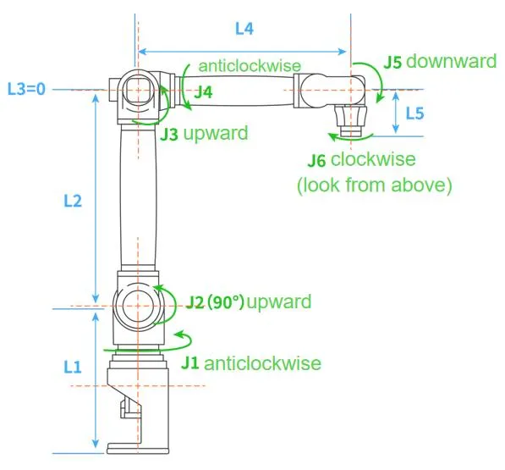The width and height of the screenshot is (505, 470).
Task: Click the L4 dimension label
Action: point(244,29)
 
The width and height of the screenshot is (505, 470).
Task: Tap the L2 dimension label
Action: point(73,202)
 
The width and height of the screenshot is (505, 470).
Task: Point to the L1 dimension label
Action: point(73,367)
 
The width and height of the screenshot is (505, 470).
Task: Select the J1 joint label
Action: point(191,363)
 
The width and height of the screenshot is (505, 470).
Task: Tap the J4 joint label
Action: point(203,92)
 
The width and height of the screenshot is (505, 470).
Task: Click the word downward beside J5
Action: point(453,62)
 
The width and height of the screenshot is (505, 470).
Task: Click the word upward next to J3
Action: point(216,133)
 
